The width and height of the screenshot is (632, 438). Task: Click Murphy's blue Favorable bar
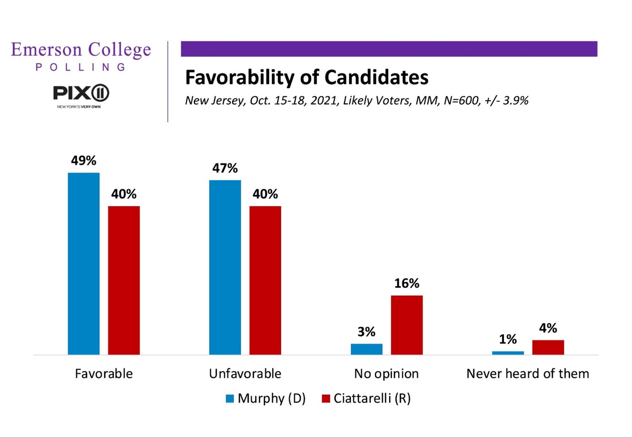click(x=84, y=264)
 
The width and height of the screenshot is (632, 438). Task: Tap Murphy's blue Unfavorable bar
click(x=225, y=267)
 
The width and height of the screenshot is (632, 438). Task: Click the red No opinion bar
click(x=407, y=325)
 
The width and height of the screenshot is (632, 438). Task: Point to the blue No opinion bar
click(x=367, y=349)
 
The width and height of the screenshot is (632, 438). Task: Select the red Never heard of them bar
click(x=548, y=347)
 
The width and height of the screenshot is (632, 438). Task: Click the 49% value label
click(x=84, y=161)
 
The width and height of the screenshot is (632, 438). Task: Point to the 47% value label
click(x=225, y=169)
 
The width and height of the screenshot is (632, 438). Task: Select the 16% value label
click(x=407, y=284)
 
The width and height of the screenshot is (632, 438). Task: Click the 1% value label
click(x=508, y=340)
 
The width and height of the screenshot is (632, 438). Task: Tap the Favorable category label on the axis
click(x=104, y=374)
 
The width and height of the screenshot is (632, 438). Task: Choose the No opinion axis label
click(x=387, y=374)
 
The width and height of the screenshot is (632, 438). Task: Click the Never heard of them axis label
click(x=528, y=374)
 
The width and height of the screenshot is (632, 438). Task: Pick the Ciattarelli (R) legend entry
click(x=366, y=398)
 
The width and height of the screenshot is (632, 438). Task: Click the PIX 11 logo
click(x=81, y=94)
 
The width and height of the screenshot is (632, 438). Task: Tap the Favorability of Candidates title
click(x=306, y=78)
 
